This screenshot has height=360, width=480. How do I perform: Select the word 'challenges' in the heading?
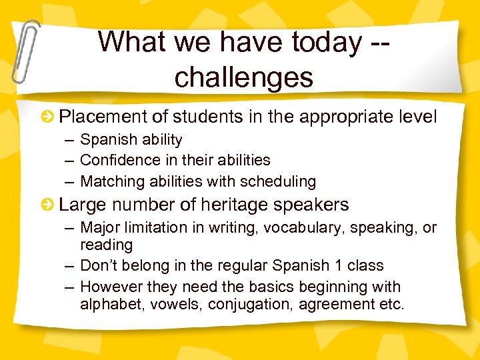click(244, 77)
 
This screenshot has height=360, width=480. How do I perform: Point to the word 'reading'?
click(106, 245)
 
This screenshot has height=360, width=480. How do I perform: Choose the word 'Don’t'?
click(99, 265)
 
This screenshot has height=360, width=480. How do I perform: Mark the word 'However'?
click(109, 287)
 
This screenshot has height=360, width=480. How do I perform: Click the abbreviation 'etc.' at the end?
click(391, 305)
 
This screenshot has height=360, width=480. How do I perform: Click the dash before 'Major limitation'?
click(69, 228)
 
